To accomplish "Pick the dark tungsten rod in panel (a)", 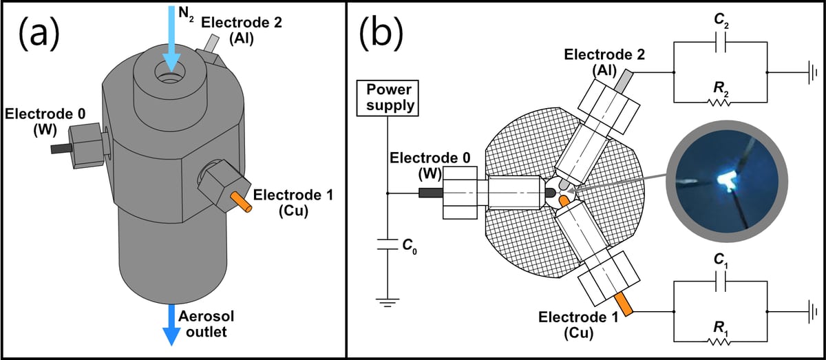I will coord(60,148).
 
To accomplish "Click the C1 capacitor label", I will coord(719,260).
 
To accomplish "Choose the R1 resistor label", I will coord(719,318).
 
